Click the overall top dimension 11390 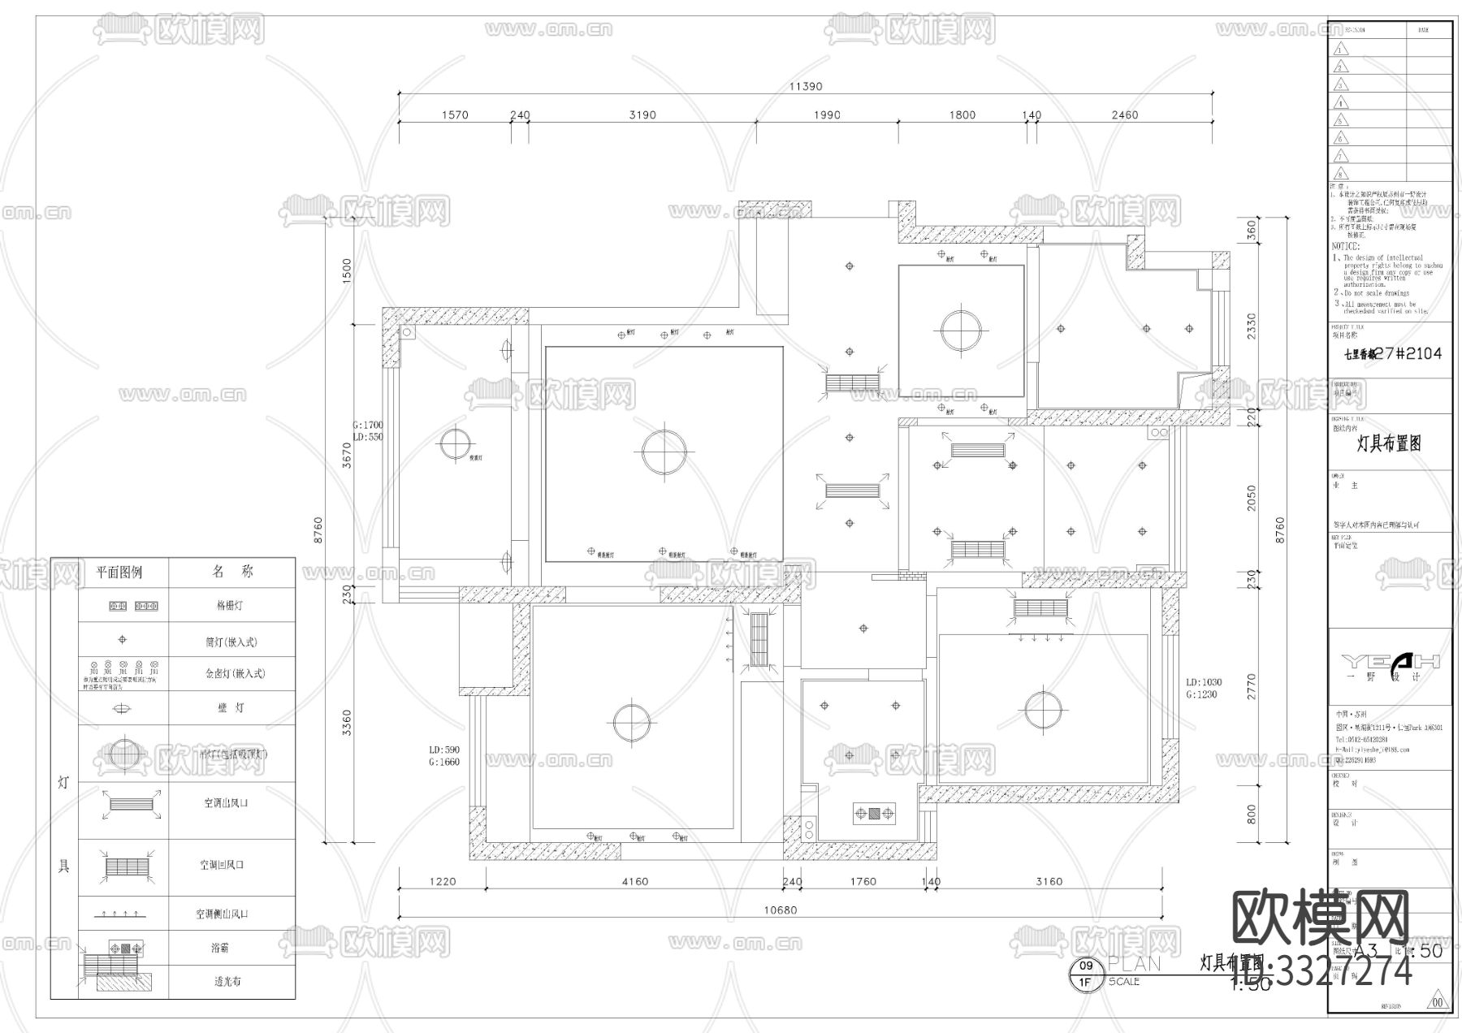pyautogui.click(x=807, y=87)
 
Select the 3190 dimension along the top pyautogui.click(x=642, y=115)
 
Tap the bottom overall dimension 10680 pyautogui.click(x=780, y=910)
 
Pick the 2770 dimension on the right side pyautogui.click(x=1251, y=686)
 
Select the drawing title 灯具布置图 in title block pyautogui.click(x=1389, y=443)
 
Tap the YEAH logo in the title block pyautogui.click(x=1390, y=660)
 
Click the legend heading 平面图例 pyautogui.click(x=119, y=573)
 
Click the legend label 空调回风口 pyautogui.click(x=222, y=866)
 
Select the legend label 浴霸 pyautogui.click(x=219, y=948)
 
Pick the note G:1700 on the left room pyautogui.click(x=367, y=425)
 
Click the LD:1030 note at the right pyautogui.click(x=1204, y=683)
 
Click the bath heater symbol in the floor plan pyautogui.click(x=874, y=812)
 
